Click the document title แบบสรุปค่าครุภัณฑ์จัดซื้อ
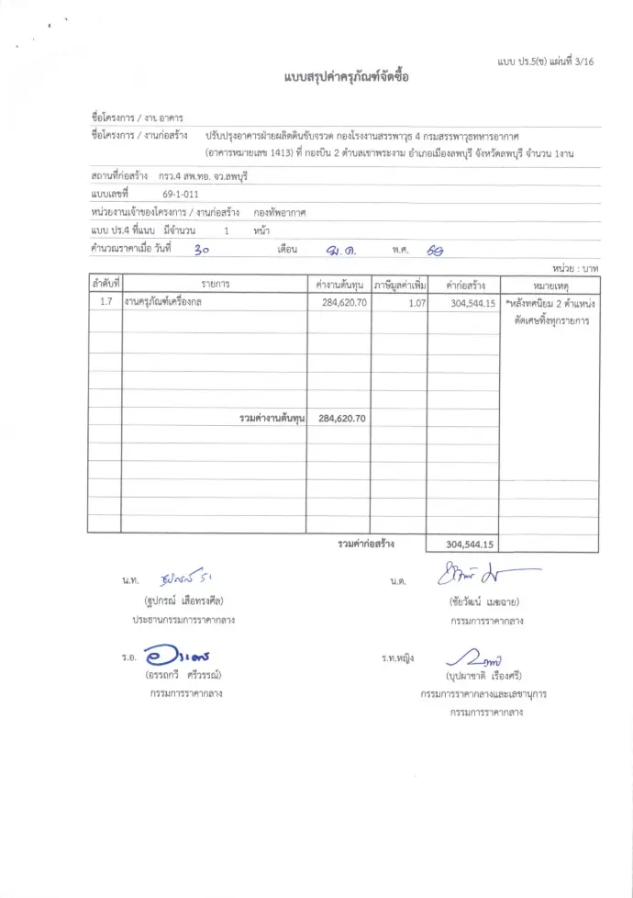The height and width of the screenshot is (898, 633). point(346,77)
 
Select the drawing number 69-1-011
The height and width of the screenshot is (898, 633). point(180,194)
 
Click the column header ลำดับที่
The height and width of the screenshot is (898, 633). point(105,284)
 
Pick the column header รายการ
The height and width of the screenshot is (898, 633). point(215,285)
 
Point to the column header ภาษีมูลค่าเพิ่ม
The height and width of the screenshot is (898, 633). point(400,285)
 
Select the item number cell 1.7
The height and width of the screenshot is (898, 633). point(105,302)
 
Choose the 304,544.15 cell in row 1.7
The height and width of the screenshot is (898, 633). point(473,302)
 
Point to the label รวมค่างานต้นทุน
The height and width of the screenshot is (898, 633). point(272,418)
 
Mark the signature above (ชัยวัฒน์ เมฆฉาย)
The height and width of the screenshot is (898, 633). point(487,578)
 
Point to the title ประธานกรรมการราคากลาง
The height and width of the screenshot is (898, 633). point(183,620)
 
